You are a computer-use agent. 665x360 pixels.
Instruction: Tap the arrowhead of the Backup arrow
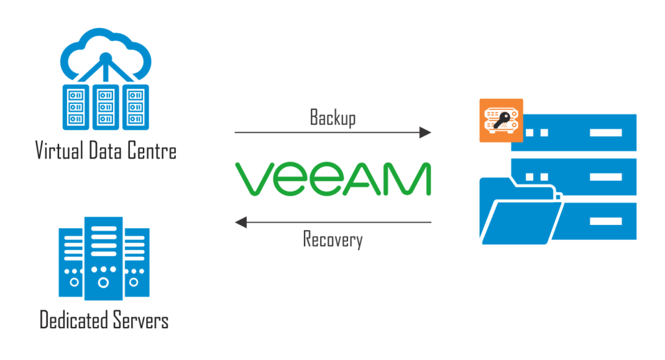tap(425, 133)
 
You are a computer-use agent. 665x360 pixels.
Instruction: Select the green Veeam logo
tap(332, 179)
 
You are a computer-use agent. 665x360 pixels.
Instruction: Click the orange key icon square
tap(501, 121)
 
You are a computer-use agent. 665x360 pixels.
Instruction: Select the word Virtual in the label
tap(59, 151)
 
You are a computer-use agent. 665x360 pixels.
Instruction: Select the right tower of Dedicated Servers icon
tap(134, 260)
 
